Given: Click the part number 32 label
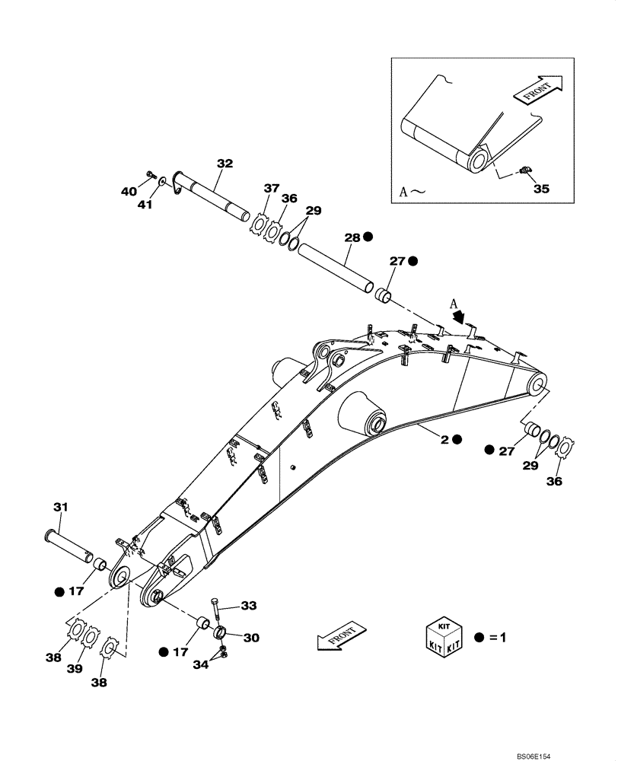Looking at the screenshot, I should tap(225, 163).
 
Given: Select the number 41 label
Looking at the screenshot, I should tap(145, 204).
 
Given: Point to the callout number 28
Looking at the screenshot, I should tap(352, 237).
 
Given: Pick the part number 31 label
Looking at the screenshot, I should tap(60, 507).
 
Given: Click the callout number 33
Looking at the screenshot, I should tap(249, 606).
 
